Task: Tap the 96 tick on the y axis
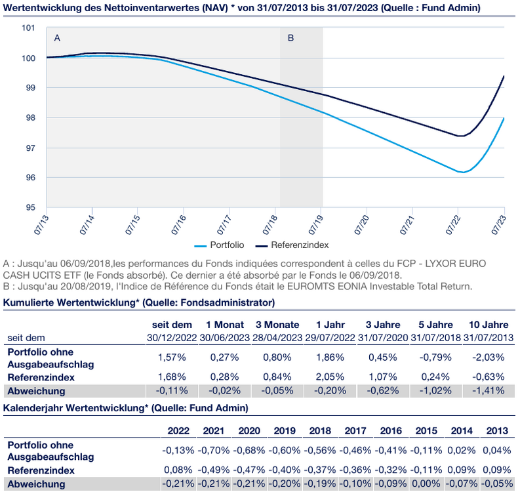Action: point(30,177)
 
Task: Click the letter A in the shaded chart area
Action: point(57,38)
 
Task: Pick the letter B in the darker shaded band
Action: point(291,38)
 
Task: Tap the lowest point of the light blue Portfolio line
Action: point(462,173)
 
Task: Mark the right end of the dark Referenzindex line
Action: point(504,76)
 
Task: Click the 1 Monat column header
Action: point(224,325)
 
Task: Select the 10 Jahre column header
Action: point(488,325)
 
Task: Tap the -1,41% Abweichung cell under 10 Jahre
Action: point(488,390)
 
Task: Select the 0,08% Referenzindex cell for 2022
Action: point(178,470)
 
